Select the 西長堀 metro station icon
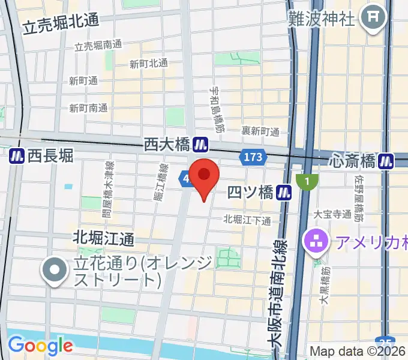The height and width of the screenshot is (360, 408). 17,156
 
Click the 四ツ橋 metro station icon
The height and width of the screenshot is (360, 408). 284,192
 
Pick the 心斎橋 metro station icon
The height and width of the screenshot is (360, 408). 387,161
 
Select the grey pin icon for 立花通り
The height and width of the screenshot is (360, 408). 55,271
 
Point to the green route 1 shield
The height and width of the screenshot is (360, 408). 307,180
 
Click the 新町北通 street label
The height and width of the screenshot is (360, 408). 149,63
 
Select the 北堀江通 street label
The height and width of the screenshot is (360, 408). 104,238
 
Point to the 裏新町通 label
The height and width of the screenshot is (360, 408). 260,131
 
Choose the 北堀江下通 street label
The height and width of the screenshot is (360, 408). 247,220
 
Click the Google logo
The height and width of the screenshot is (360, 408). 40,346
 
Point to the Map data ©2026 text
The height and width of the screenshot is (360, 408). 358,351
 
